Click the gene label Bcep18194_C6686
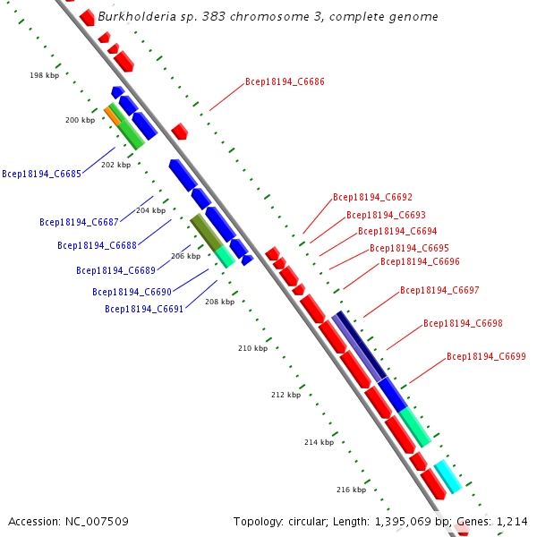(x=285, y=81)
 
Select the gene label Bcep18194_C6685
(x=41, y=174)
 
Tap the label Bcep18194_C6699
(x=486, y=356)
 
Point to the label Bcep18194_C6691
(x=144, y=309)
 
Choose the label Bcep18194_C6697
(x=439, y=290)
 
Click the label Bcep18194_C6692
(x=372, y=197)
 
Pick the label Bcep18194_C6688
(x=97, y=245)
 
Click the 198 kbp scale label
(x=43, y=76)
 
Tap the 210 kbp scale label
(x=252, y=347)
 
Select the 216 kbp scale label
(x=351, y=490)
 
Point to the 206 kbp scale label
(x=185, y=256)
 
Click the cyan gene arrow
(x=447, y=476)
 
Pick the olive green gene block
(x=206, y=232)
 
